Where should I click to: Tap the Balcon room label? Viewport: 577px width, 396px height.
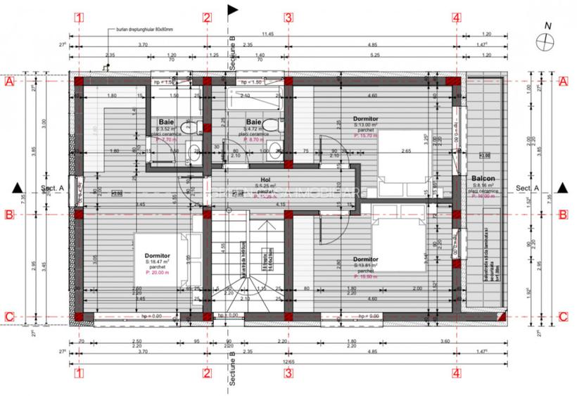(483, 179)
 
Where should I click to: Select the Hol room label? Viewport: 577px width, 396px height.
(265, 179)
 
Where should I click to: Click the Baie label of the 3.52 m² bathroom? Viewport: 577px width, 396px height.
(165, 121)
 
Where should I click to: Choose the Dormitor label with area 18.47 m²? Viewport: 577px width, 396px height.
(157, 255)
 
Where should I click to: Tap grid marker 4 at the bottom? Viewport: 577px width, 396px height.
(457, 373)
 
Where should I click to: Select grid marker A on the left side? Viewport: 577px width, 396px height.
(9, 82)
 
